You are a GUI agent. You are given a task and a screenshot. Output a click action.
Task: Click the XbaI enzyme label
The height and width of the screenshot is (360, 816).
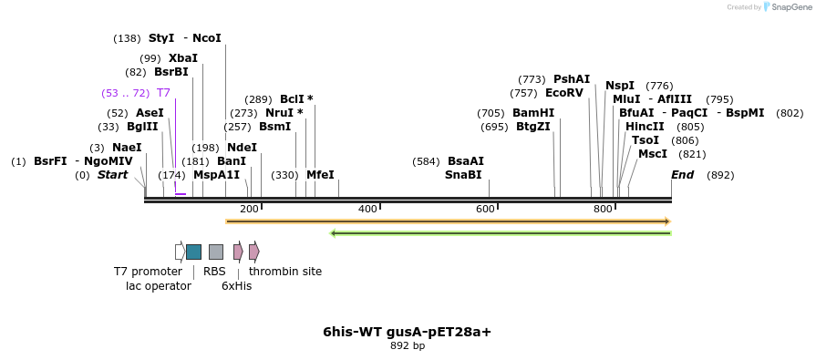coord(182,58)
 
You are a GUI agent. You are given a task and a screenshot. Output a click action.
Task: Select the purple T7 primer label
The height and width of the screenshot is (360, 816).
coord(163,93)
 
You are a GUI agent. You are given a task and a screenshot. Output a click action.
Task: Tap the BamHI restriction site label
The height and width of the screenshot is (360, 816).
coord(533,113)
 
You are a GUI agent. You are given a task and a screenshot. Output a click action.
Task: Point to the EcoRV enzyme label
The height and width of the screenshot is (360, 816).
coord(563,93)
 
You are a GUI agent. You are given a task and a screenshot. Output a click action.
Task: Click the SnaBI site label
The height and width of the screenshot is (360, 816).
coord(463,175)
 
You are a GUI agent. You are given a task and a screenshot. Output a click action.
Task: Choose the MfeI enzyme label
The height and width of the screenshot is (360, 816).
coord(320,175)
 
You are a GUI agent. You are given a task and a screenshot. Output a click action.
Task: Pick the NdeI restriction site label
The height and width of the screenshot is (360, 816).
coord(242,148)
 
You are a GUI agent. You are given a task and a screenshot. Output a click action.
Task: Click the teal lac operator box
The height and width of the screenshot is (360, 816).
coord(193,252)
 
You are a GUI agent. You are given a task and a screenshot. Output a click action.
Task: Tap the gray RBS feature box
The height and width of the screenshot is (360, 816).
coord(215,252)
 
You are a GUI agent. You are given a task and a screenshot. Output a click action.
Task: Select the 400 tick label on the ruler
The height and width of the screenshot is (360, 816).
coord(367,210)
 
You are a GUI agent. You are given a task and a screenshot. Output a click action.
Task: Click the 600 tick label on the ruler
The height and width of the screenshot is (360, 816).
coord(485,210)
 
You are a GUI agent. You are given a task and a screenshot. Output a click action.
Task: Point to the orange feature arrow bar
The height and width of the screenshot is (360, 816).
coord(448,221)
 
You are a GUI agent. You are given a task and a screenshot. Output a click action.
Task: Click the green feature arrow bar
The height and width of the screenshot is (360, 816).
coord(501,233)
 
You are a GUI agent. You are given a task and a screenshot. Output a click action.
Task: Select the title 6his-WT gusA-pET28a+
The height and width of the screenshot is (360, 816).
coord(408,332)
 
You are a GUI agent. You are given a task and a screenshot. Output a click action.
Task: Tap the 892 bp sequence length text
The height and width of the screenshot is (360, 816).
coord(408,346)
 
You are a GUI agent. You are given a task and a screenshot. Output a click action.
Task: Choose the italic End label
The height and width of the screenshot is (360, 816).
coord(682,175)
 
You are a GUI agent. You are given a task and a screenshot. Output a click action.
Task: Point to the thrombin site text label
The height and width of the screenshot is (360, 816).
coord(285,272)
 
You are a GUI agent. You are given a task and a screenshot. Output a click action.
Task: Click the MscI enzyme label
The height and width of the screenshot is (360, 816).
coord(653,154)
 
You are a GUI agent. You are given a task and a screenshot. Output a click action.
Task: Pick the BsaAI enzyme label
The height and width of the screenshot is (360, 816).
coord(466,161)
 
